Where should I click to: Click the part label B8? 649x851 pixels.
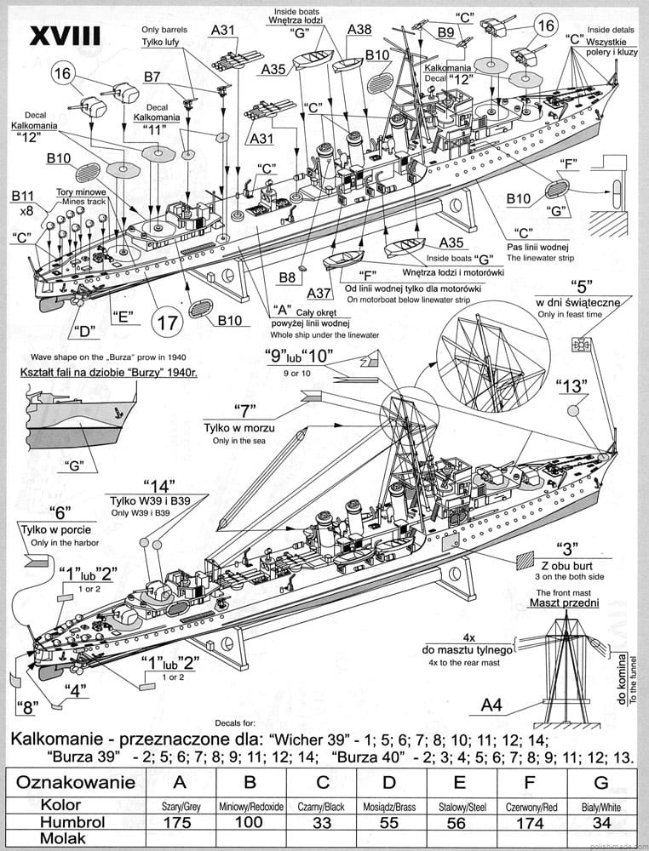point(288,277)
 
